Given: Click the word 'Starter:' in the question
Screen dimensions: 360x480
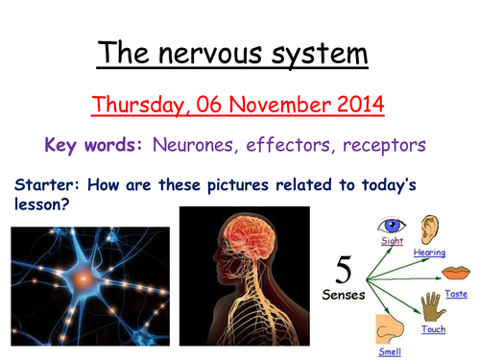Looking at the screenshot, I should pos(45,182).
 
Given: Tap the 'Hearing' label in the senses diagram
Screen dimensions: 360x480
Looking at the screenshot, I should pos(429,252).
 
